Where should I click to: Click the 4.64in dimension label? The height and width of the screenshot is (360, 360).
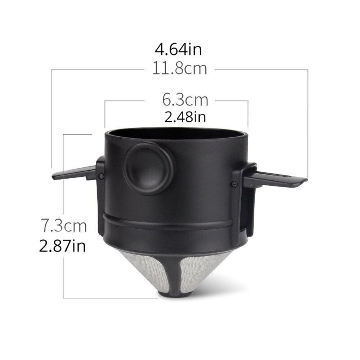(178, 49)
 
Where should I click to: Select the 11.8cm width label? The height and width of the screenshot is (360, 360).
(179, 68)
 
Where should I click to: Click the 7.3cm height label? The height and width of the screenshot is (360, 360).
(64, 226)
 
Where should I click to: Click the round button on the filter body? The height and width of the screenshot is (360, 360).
(148, 168)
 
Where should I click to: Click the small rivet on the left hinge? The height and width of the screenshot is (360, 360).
(101, 176)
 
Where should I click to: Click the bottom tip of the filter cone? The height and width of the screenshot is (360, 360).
(175, 294)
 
